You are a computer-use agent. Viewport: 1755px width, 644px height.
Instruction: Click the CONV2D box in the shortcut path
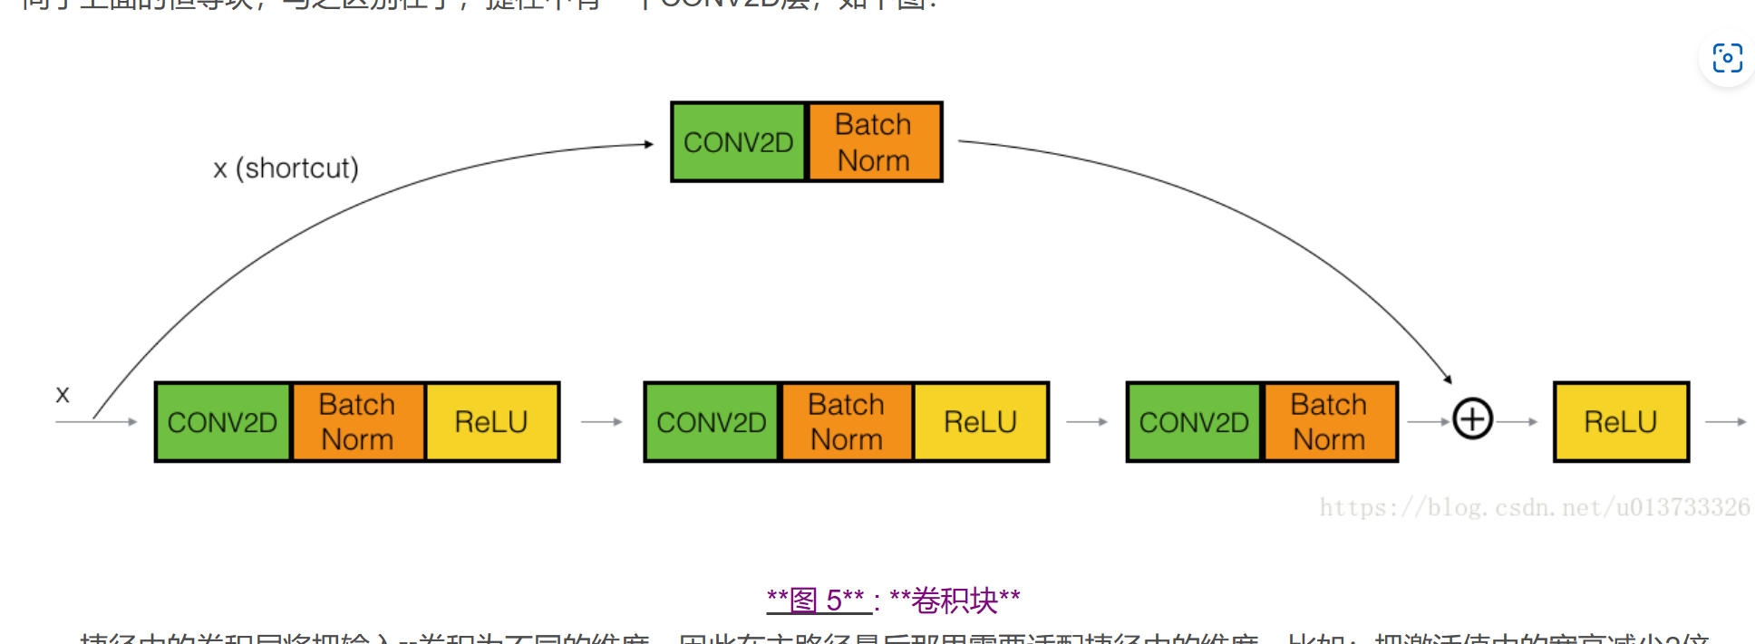738,142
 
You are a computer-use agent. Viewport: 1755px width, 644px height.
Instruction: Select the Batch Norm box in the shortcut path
874,142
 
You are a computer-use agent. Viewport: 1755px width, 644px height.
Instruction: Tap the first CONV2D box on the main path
223,422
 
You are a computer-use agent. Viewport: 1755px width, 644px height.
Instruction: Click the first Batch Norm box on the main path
357,422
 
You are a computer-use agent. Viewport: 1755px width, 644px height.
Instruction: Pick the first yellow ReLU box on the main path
491,422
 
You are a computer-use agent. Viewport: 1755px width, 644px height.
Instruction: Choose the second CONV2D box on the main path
712,422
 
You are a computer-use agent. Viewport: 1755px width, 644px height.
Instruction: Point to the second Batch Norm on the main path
847,422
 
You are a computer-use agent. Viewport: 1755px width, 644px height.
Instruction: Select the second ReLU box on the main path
981,422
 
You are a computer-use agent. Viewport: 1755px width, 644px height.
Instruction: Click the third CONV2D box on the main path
1194,422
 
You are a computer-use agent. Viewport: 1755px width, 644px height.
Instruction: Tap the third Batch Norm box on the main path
1329,422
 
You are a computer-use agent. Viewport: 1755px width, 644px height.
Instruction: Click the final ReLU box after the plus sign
1621,422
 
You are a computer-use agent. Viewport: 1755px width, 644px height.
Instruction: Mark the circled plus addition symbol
1472,419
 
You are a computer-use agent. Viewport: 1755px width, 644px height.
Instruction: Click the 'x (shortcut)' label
286,168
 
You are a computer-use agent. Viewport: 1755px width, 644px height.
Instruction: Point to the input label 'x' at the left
63,394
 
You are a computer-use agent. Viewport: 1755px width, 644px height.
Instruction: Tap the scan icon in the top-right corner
1727,58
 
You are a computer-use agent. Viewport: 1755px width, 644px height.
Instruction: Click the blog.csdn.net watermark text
1534,507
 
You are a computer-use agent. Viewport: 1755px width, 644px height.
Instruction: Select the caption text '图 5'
816,601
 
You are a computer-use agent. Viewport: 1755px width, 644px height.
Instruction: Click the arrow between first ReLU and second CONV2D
602,422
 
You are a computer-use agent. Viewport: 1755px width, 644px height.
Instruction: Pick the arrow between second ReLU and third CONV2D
1087,422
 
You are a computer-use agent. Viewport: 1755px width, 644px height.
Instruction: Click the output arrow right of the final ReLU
1725,422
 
